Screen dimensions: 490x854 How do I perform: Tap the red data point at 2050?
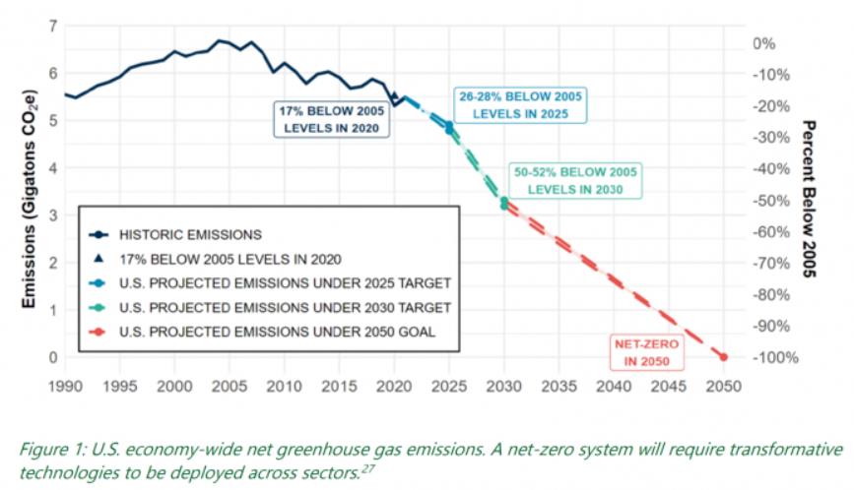point(724,357)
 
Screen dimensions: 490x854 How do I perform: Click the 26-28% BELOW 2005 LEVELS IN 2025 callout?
point(520,105)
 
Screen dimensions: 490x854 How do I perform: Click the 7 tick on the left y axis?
point(52,26)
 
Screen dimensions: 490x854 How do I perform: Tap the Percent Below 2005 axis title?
point(809,199)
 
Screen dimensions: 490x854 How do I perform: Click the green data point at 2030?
point(504,203)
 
